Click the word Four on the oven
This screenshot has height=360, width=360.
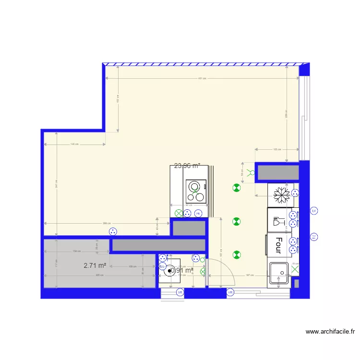pyautogui.click(x=278, y=244)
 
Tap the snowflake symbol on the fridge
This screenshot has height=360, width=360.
pyautogui.click(x=281, y=194)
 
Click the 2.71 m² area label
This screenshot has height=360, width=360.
pyautogui.click(x=95, y=265)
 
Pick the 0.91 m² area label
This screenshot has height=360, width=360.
pyautogui.click(x=182, y=271)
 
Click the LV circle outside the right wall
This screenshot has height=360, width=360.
pyautogui.click(x=314, y=211)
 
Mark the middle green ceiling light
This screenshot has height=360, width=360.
pyautogui.click(x=236, y=221)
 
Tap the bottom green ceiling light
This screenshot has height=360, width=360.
pyautogui.click(x=236, y=254)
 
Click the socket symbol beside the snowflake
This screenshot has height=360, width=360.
pyautogui.click(x=295, y=193)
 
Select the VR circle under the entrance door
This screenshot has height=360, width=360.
pyautogui.click(x=230, y=292)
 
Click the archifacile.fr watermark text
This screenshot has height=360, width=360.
pyautogui.click(x=330, y=331)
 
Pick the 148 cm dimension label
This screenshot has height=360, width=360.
pyautogui.click(x=74, y=144)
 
